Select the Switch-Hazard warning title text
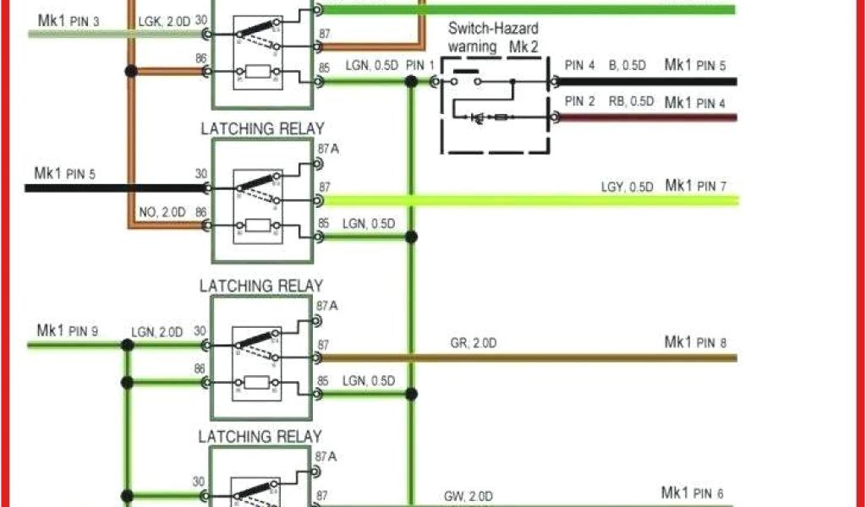click(x=493, y=37)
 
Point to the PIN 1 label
click(x=419, y=65)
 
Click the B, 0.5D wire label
click(x=626, y=65)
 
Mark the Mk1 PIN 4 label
click(x=695, y=103)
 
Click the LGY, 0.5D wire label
click(x=627, y=186)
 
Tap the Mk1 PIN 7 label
click(x=695, y=185)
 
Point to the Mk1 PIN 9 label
click(x=67, y=330)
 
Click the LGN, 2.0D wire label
click(x=156, y=332)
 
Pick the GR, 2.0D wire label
click(x=474, y=343)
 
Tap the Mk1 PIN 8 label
click(x=695, y=342)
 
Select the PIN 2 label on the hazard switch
click(x=580, y=101)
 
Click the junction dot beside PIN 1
click(x=411, y=82)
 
